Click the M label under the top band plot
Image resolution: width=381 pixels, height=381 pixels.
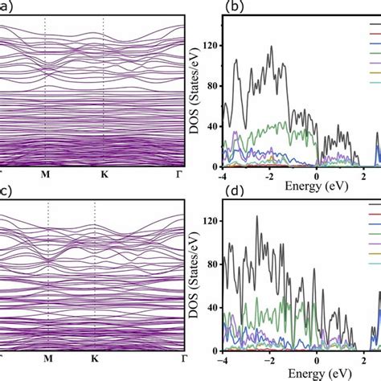[x=46, y=174]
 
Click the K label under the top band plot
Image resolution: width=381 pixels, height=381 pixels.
[x=104, y=174]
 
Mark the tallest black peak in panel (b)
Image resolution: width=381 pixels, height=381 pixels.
[x=272, y=47]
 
